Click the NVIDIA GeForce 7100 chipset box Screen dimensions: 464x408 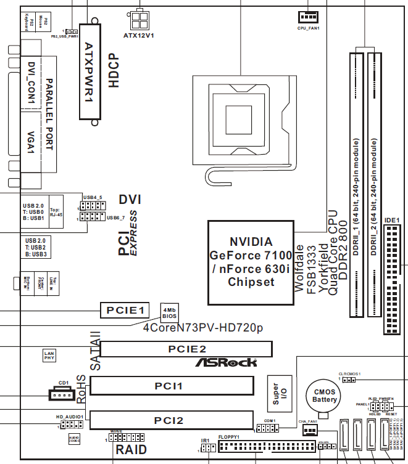tap(251, 261)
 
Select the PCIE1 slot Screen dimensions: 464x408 tap(125, 310)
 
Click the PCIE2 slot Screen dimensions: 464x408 tap(186, 349)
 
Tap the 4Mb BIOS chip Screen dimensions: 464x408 tap(170, 311)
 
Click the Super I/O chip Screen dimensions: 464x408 tap(276, 395)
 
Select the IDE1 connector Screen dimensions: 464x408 tap(391, 278)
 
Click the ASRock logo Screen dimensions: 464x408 tap(226, 362)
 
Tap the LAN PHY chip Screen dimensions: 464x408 tap(50, 356)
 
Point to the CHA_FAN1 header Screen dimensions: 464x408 tap(309, 431)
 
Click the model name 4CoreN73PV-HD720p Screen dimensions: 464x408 tap(202, 328)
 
